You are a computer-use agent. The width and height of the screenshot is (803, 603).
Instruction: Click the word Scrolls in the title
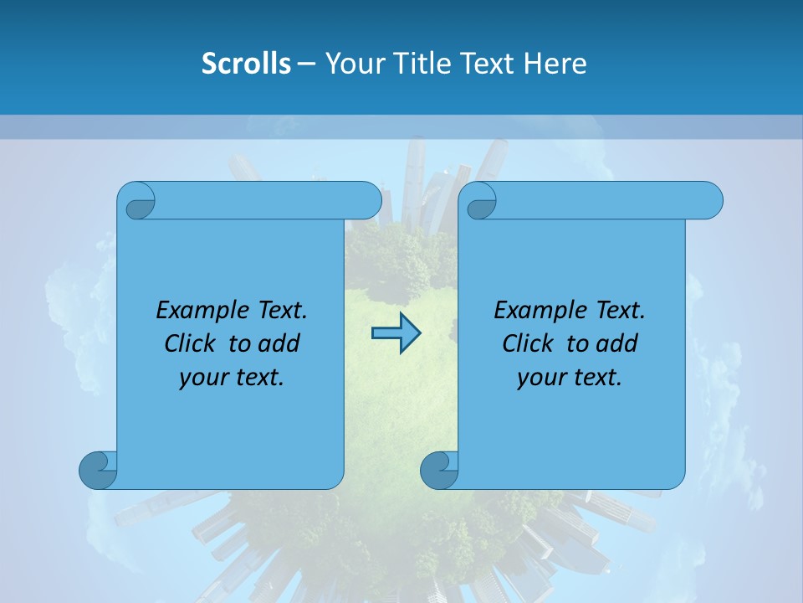click(x=246, y=64)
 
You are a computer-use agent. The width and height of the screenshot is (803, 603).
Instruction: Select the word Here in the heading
click(x=555, y=64)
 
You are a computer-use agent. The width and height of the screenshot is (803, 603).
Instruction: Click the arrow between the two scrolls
click(x=396, y=333)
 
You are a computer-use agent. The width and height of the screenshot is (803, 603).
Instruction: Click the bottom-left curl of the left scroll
click(x=97, y=470)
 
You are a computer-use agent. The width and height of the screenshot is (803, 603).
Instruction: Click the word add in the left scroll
click(x=280, y=343)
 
